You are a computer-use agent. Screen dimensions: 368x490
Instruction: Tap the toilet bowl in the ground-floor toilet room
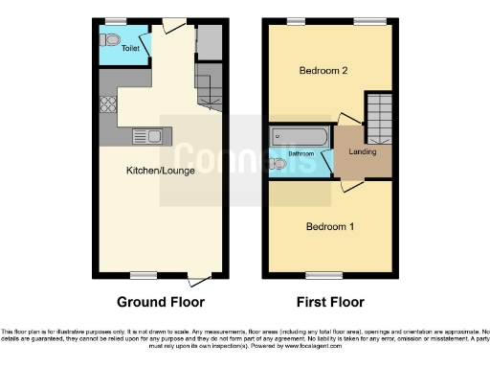tap(111, 41)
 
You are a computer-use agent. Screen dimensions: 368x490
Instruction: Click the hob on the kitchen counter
tap(106, 103)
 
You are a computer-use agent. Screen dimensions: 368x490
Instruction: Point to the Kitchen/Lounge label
tap(160, 171)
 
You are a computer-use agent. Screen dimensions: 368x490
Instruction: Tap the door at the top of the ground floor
tap(173, 25)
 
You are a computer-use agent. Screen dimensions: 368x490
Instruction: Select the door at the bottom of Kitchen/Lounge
tap(198, 280)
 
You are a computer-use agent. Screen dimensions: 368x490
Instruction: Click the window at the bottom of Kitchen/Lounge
tap(144, 275)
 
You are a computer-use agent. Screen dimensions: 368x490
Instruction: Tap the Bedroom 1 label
tap(329, 227)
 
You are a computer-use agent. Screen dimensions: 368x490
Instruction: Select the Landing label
tap(363, 151)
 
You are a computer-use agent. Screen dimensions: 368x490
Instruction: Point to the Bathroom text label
tap(302, 152)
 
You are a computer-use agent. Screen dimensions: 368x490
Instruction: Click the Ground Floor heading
tap(161, 302)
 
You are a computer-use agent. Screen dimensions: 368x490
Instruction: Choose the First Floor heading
tap(329, 302)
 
